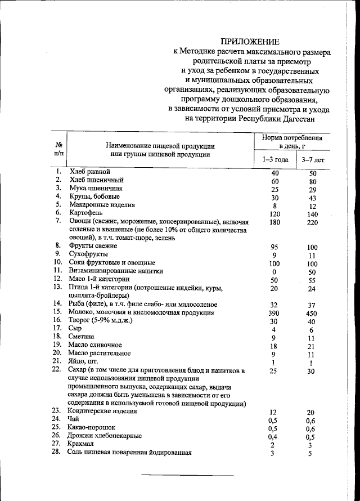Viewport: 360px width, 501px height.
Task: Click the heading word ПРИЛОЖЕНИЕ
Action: (249, 41)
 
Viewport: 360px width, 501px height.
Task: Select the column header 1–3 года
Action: (275, 159)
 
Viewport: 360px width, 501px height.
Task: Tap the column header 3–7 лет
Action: (313, 159)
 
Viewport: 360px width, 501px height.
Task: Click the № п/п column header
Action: (58, 149)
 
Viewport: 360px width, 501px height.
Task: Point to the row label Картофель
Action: (85, 213)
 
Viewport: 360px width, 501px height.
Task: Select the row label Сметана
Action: (84, 336)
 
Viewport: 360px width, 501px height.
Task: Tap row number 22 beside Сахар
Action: (56, 369)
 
